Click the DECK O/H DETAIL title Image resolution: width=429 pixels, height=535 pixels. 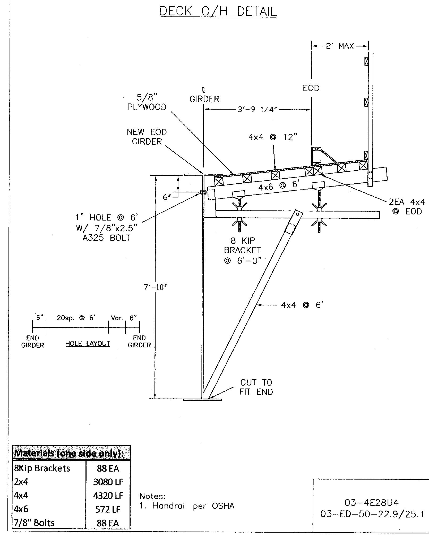[x=218, y=11]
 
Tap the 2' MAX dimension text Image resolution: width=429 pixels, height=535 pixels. [x=340, y=46]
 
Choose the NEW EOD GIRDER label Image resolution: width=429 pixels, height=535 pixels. [x=147, y=137]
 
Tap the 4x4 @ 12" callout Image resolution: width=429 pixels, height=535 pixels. [x=273, y=137]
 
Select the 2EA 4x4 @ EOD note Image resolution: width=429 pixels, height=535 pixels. [x=407, y=207]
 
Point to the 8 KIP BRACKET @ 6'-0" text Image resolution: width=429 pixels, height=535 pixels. [x=243, y=251]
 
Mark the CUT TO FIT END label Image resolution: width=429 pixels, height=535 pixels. [x=256, y=387]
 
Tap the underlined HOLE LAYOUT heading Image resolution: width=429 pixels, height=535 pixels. [x=88, y=344]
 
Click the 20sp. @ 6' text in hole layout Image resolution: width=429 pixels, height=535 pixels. [x=76, y=318]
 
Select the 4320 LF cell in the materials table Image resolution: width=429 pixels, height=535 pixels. [x=108, y=495]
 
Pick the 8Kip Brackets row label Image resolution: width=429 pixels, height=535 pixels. [x=42, y=468]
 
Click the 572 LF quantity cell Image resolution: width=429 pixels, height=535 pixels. [x=108, y=509]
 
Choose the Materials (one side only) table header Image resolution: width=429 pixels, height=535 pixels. [x=69, y=453]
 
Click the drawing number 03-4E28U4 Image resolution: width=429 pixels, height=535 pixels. [x=371, y=503]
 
